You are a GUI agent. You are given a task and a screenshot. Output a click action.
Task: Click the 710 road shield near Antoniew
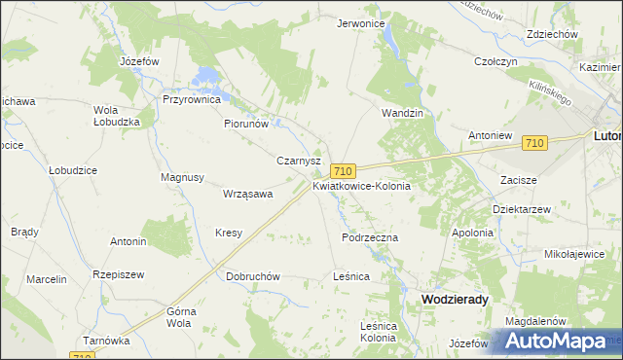pyautogui.click(x=532, y=143)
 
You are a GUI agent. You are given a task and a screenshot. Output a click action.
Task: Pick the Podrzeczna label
pyautogui.click(x=370, y=236)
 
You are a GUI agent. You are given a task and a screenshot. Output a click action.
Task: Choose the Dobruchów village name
pyautogui.click(x=253, y=276)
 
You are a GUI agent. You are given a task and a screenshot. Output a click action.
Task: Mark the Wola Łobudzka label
pyautogui.click(x=117, y=116)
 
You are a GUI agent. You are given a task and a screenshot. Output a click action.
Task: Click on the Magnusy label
pyautogui.click(x=182, y=177)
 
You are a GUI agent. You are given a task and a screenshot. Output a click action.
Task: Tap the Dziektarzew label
pyautogui.click(x=522, y=208)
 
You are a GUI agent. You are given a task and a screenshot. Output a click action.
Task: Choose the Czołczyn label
pyautogui.click(x=495, y=61)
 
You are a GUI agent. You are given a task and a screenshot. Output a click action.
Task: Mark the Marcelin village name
pyautogui.click(x=47, y=279)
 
